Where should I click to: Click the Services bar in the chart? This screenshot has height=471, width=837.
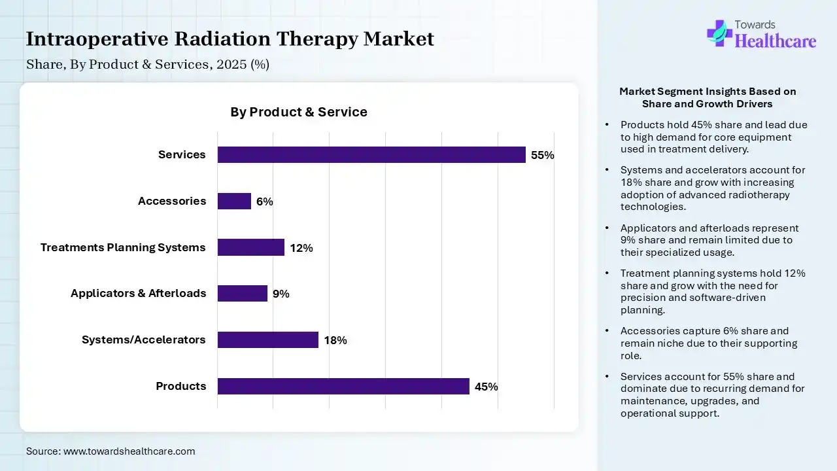371,155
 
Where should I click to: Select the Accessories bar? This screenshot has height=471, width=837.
234,201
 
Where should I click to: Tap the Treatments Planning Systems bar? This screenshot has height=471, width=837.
251,247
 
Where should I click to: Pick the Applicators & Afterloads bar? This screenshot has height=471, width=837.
243,294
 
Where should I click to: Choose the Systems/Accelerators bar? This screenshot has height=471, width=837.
268,340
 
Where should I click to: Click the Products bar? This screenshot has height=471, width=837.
343,387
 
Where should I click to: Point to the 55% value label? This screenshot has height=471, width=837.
543,156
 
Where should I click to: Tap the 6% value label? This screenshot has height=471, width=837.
265,202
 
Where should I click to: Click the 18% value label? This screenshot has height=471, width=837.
335,340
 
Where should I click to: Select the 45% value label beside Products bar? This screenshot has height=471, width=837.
487,387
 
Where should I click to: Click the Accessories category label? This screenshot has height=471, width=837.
172,201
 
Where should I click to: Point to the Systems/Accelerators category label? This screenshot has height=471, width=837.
144,340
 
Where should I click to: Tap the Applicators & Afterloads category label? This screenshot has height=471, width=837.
139,293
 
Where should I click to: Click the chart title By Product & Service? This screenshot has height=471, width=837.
299,112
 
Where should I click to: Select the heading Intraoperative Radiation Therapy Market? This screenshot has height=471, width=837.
230,39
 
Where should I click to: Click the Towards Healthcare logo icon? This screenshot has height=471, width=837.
719,33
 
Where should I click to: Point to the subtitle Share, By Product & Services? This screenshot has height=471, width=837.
148,65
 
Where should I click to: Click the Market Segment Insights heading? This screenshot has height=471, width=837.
708,97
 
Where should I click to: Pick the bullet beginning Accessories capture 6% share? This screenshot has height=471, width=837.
709,343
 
